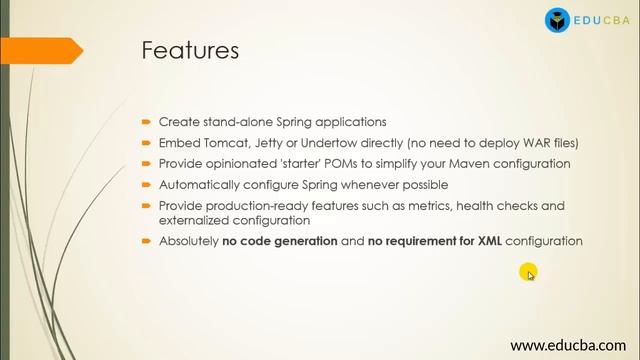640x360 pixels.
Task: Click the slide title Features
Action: click(190, 50)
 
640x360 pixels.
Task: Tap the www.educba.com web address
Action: click(566, 345)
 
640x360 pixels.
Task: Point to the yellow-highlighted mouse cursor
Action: click(529, 272)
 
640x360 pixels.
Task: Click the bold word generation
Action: click(299, 242)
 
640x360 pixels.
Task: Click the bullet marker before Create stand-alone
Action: click(147, 121)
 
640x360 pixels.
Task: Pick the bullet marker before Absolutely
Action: click(147, 242)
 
